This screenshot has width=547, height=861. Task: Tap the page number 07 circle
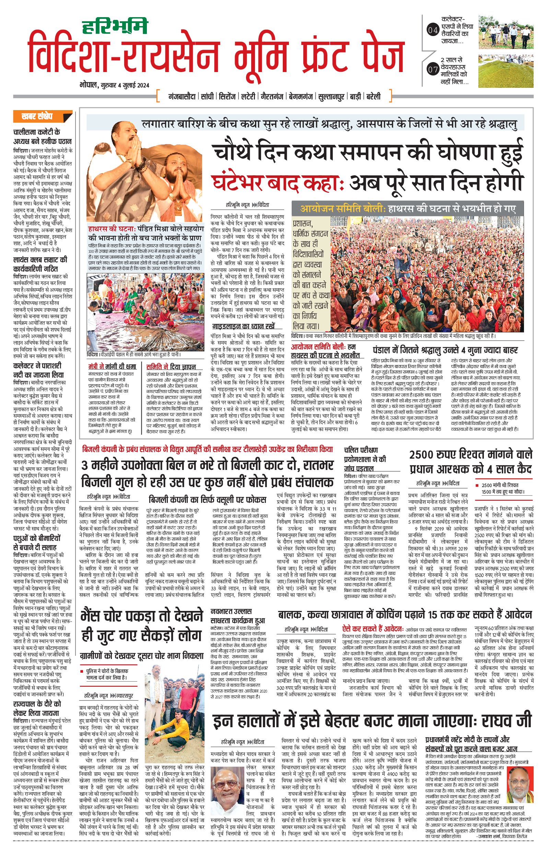(x=432, y=69)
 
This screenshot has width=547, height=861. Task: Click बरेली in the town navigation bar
(x=373, y=96)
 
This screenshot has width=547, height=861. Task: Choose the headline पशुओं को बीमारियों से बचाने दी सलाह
(x=37, y=542)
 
